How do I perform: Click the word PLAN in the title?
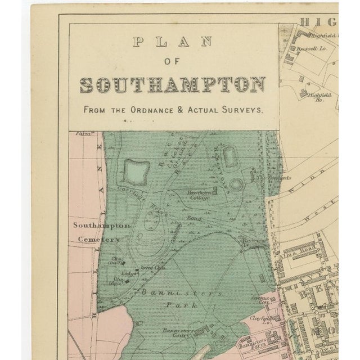click(x=173, y=41)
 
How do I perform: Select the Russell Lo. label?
click(x=316, y=48)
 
